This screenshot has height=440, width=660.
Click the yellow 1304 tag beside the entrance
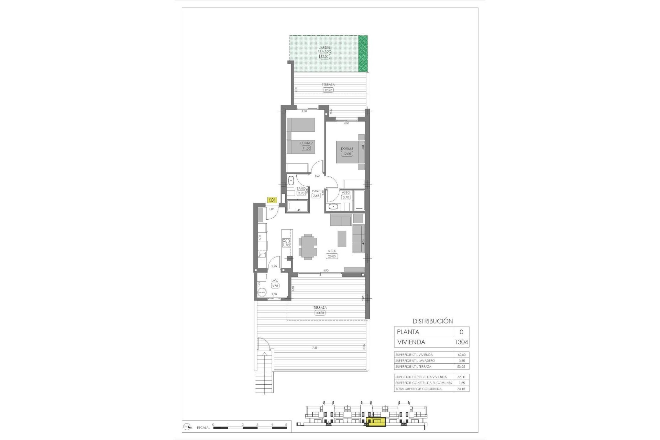click(x=272, y=200)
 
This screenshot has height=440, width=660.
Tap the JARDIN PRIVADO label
click(x=324, y=49)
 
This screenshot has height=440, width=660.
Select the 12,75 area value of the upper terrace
click(x=328, y=90)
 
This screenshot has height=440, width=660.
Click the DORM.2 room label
click(x=306, y=143)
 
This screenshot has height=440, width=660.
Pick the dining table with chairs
click(x=308, y=246)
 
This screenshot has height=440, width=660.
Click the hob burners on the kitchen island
click(x=286, y=243)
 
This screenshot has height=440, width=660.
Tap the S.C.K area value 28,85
click(x=332, y=256)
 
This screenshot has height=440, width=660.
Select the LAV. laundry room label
click(x=275, y=281)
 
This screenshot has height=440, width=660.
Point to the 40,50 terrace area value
click(x=320, y=313)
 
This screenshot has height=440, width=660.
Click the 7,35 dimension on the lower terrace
click(x=315, y=348)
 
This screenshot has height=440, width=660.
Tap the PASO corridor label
click(x=316, y=191)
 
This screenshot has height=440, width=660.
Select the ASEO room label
click(x=346, y=192)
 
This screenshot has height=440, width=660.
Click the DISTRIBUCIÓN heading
click(x=432, y=321)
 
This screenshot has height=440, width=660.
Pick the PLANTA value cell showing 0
click(x=461, y=332)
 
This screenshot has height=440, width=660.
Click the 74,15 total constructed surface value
click(x=461, y=389)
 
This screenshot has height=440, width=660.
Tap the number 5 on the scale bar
click(x=286, y=425)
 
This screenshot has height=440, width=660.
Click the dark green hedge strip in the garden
click(x=363, y=54)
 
